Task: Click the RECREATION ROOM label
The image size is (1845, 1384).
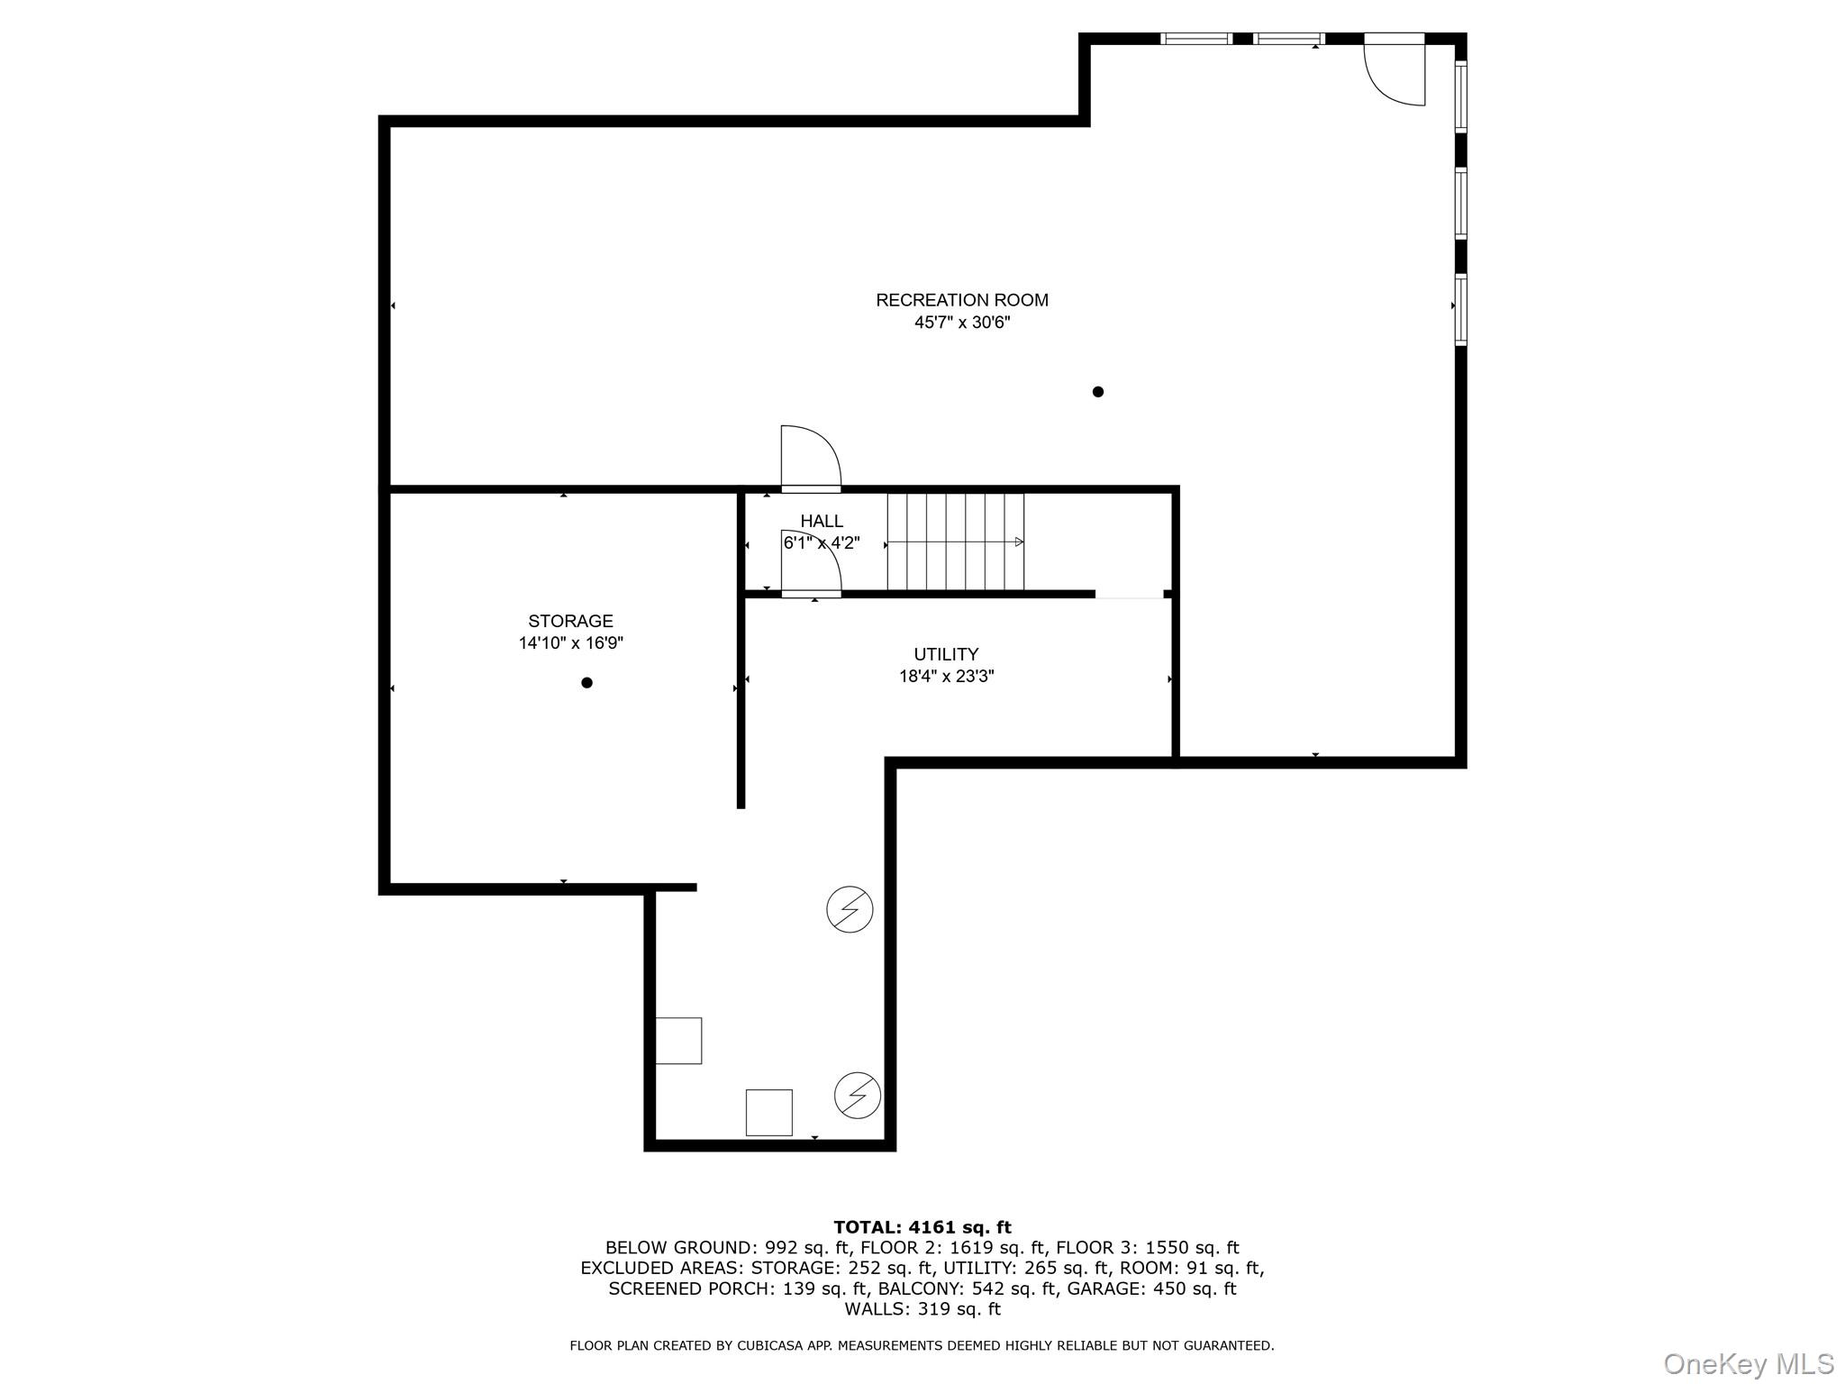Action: [961, 300]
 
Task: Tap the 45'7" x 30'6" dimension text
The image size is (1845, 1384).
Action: [961, 323]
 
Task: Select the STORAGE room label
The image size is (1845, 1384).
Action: [570, 621]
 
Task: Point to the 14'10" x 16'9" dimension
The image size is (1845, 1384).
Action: [570, 643]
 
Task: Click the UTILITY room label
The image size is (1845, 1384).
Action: [946, 654]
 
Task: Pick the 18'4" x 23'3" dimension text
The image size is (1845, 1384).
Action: [946, 677]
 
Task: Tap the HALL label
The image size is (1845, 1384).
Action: [822, 521]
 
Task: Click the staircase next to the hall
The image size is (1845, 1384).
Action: [955, 542]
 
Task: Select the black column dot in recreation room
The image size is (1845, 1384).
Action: [1097, 392]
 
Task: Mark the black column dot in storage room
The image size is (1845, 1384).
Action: [586, 683]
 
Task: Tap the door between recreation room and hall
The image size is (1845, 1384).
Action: [809, 460]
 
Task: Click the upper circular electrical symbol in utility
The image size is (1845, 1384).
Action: [850, 909]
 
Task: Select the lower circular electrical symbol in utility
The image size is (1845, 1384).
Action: [858, 1096]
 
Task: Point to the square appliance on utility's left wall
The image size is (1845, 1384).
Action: [678, 1041]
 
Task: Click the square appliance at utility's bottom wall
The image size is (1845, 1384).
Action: [768, 1113]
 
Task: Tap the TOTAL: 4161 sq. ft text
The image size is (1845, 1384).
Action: [922, 1227]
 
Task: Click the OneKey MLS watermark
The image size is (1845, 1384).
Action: [1748, 1364]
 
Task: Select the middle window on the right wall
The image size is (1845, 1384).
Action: [1460, 204]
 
